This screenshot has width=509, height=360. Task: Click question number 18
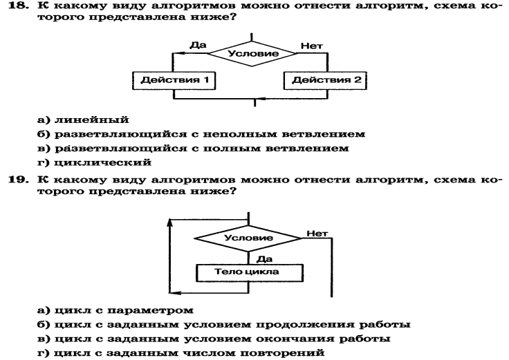point(18,6)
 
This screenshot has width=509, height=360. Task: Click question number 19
point(18,180)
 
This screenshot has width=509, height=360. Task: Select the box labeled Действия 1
point(174,80)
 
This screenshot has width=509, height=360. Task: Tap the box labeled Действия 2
point(325,80)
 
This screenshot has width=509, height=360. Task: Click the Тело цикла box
point(249,272)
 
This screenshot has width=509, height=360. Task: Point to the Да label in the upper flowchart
point(198,45)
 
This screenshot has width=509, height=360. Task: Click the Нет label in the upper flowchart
point(312,46)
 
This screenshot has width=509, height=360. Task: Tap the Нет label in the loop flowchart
point(317,233)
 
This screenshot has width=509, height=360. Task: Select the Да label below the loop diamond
point(265,259)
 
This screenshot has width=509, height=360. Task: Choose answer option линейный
point(91,120)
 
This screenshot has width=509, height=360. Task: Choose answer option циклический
point(102,162)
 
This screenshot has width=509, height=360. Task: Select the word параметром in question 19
point(150,311)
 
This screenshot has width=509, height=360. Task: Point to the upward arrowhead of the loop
point(169,222)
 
